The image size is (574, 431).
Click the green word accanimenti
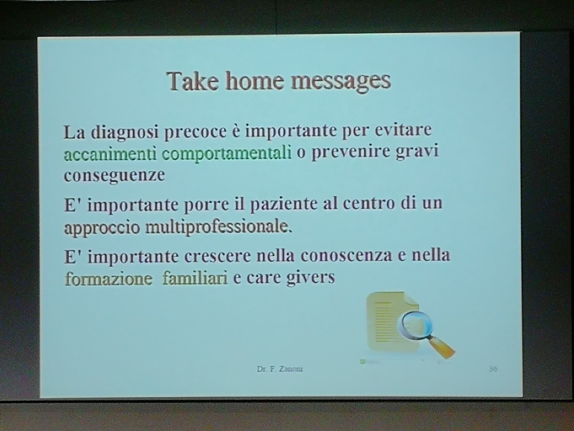coord(110,154)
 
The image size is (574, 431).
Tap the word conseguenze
coord(114,176)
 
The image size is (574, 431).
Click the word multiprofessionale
coord(218,227)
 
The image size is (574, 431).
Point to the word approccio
coord(102,228)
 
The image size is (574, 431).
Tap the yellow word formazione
coord(109,279)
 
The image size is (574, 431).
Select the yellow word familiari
coord(195,278)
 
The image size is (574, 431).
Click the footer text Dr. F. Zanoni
coord(280,369)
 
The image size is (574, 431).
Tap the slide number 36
coord(493,369)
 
